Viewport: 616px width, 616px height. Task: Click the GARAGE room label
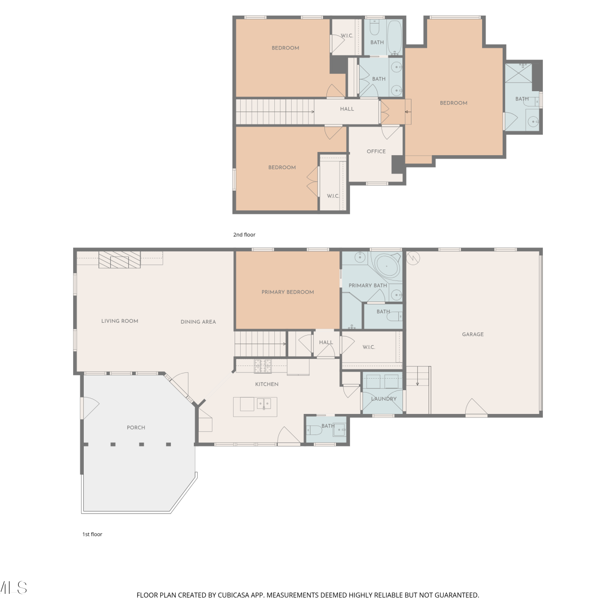(x=473, y=334)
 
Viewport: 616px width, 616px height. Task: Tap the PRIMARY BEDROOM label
(x=287, y=292)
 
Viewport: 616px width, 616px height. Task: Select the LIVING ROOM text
(x=120, y=321)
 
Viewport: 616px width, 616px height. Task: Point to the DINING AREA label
(x=198, y=322)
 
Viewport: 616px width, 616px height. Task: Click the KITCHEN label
(x=267, y=384)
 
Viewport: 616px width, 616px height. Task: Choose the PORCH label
(x=136, y=428)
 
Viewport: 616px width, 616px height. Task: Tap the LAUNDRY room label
(x=384, y=399)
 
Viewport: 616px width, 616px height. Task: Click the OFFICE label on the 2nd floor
(x=376, y=152)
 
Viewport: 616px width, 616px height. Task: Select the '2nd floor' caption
(x=244, y=234)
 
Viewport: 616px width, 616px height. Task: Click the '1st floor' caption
(x=92, y=534)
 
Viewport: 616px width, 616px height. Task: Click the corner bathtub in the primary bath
(x=386, y=266)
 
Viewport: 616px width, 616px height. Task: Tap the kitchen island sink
(x=264, y=404)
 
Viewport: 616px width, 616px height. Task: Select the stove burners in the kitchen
(x=263, y=366)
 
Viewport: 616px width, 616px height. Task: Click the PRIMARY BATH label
(x=368, y=285)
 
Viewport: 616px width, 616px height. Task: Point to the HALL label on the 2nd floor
(x=347, y=109)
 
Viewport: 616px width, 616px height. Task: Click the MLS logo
(x=14, y=588)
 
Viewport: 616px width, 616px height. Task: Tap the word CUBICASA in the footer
(x=234, y=595)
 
